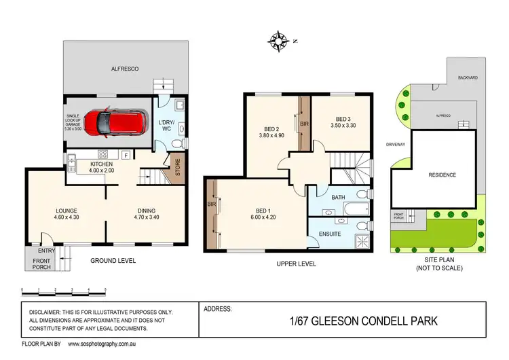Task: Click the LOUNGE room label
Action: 67,214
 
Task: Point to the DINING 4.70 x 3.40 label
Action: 145,214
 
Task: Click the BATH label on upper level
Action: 337,198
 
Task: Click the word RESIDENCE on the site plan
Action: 442,175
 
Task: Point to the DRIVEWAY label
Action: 396,145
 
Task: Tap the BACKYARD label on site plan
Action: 468,78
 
